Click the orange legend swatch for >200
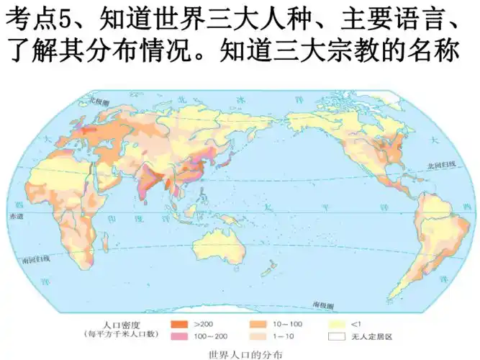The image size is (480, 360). [180, 324]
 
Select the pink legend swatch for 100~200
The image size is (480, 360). [180, 336]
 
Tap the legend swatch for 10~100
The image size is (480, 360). [259, 324]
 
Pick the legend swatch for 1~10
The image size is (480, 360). [259, 336]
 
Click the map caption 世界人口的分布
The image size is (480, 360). [240, 354]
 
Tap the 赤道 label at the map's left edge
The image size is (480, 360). [16, 215]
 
